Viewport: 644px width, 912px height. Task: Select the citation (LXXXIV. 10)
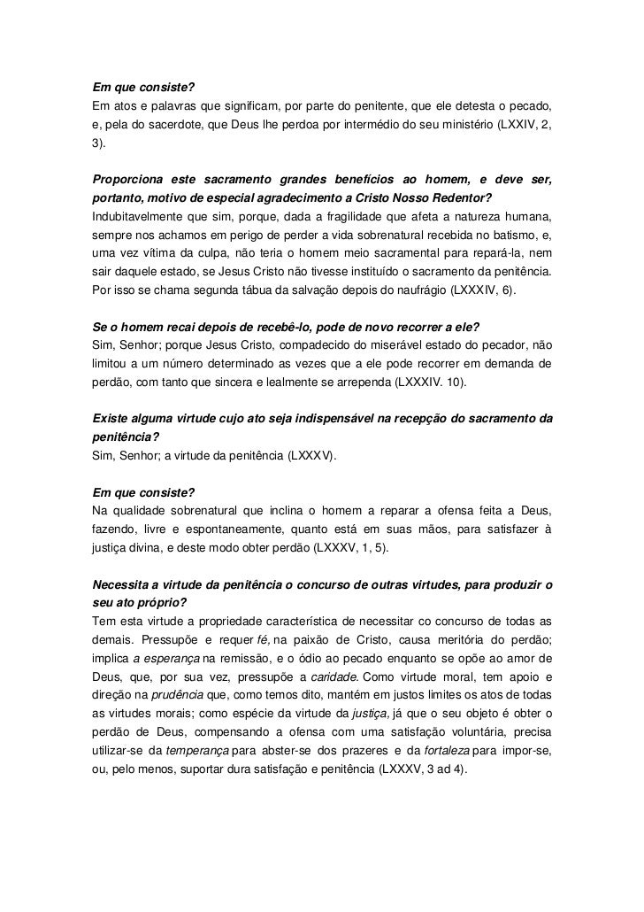(x=416, y=382)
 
